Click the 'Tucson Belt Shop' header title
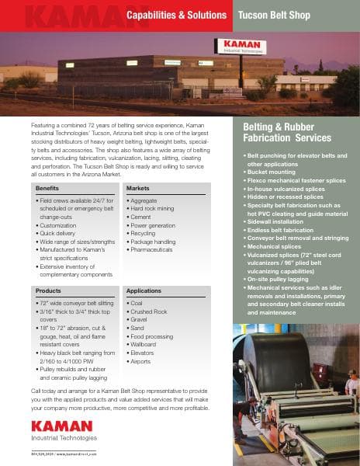[x=273, y=15]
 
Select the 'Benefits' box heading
[x=48, y=189]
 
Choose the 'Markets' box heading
[x=138, y=189]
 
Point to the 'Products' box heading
[x=48, y=290]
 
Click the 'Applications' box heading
[x=144, y=290]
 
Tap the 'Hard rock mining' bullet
[x=154, y=210]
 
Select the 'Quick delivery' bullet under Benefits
[x=61, y=232]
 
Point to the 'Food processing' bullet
[x=154, y=336]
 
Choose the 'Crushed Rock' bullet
[x=149, y=311]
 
